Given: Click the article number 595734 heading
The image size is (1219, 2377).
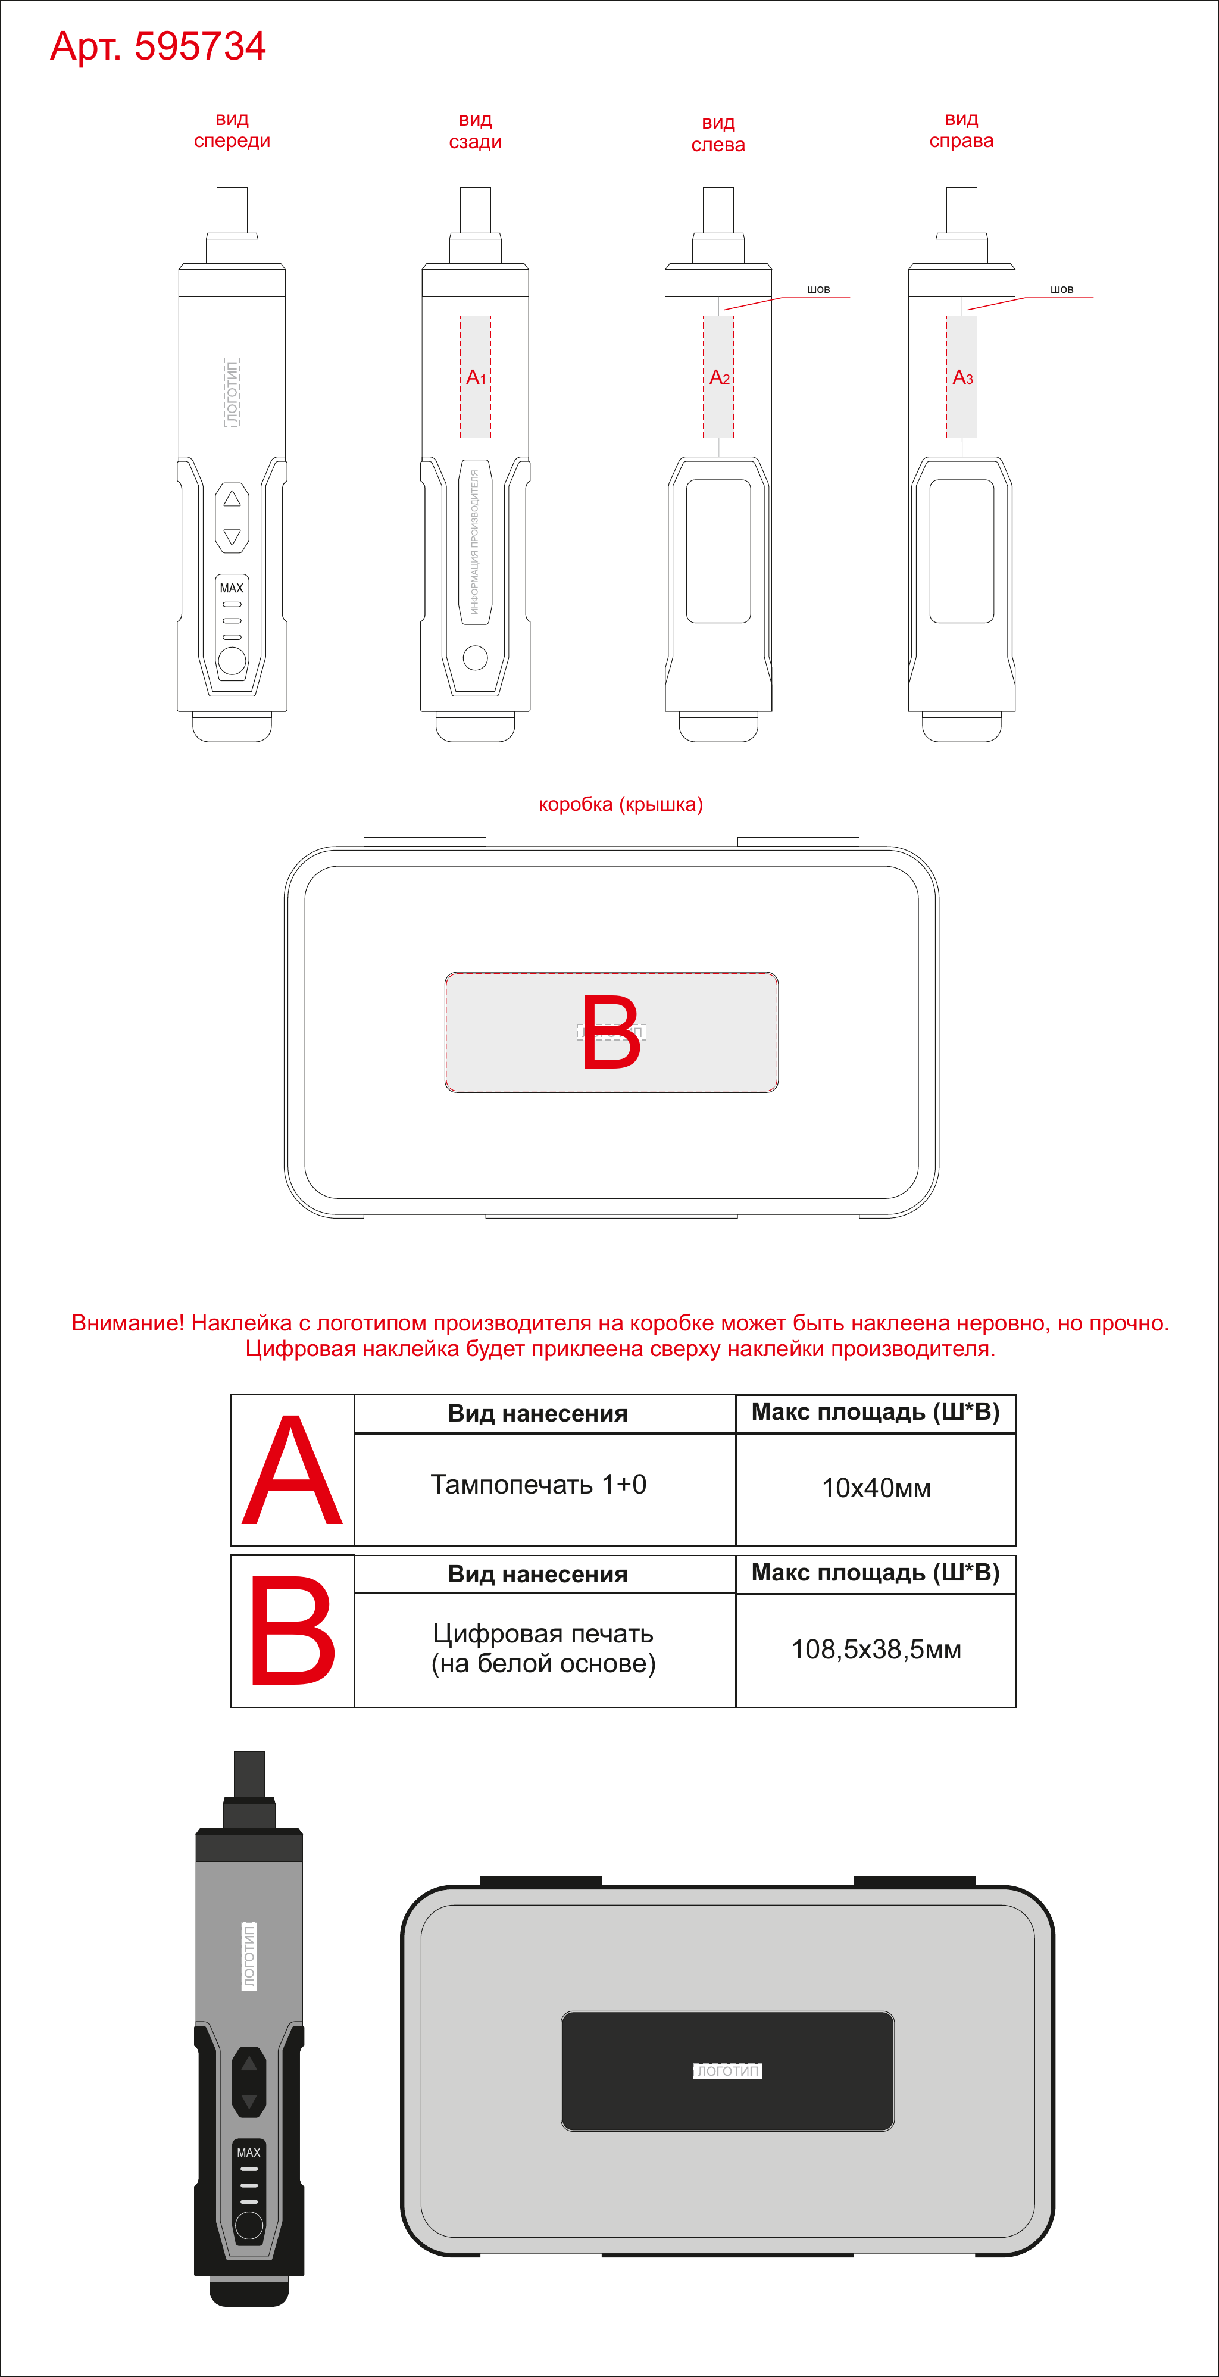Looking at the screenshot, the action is [158, 46].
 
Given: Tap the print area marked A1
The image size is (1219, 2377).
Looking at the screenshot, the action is [475, 376].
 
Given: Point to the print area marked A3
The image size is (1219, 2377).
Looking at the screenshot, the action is [961, 376].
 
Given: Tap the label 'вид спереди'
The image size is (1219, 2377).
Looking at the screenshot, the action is [232, 130].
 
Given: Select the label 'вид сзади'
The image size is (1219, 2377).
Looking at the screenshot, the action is [475, 131].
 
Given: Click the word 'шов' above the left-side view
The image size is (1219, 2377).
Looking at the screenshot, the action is [818, 289].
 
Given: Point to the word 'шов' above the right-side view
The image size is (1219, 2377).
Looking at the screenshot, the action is [1062, 289].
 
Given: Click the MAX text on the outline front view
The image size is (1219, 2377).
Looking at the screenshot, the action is [232, 588].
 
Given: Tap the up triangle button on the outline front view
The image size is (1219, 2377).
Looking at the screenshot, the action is [232, 498].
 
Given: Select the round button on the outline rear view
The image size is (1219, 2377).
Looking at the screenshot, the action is [475, 657].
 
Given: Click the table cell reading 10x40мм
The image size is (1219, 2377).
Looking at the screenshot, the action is [876, 1488].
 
